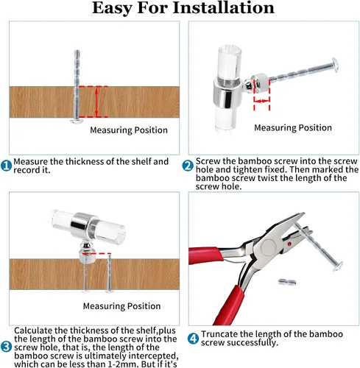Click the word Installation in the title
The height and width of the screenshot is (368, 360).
point(223,8)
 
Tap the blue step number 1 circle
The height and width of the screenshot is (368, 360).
point(6,166)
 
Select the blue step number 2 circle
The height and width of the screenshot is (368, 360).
point(188,166)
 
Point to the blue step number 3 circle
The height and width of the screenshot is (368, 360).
point(6,347)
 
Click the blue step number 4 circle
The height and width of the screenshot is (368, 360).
point(193,339)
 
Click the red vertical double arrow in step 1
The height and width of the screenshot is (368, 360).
point(96,102)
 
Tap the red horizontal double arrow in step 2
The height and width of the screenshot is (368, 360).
point(262,101)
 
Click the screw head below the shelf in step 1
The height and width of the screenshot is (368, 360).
point(77,121)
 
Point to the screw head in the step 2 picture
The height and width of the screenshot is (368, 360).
point(335,65)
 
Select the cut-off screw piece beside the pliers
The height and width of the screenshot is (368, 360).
point(287,282)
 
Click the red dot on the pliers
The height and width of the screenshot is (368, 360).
point(289,244)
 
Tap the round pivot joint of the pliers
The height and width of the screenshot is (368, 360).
point(269,247)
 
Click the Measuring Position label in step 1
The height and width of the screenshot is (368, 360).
point(129,130)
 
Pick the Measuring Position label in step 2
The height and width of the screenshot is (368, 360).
point(293,128)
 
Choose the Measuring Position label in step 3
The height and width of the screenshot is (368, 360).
point(121,306)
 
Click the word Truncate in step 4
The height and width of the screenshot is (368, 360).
point(219,334)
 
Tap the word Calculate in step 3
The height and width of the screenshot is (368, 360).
point(33,330)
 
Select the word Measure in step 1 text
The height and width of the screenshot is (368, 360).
point(31,161)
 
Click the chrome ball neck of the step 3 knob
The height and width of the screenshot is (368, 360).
point(86,246)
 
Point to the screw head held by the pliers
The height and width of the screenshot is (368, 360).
point(339,266)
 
